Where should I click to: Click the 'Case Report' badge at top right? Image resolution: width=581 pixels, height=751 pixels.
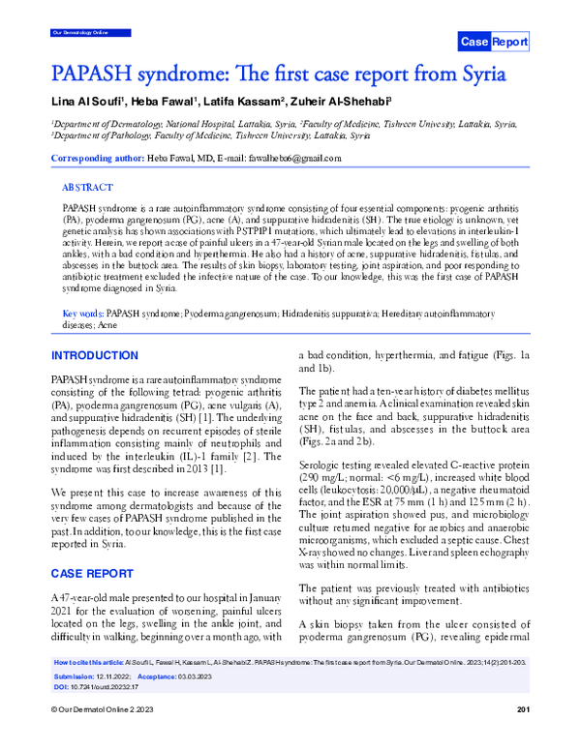pyautogui.click(x=493, y=42)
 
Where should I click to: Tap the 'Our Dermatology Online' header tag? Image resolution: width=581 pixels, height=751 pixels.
pyautogui.click(x=78, y=33)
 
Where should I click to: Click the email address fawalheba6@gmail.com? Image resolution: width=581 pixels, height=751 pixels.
pyautogui.click(x=295, y=158)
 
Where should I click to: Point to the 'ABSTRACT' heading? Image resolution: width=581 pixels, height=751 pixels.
pyautogui.click(x=87, y=188)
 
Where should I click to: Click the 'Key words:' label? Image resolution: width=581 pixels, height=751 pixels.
pyautogui.click(x=82, y=315)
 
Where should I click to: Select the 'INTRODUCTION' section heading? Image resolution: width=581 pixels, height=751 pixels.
pyautogui.click(x=98, y=356)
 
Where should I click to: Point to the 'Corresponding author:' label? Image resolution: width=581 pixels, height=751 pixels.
pyautogui.click(x=98, y=158)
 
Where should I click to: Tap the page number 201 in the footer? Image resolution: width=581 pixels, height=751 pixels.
pyautogui.click(x=524, y=737)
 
